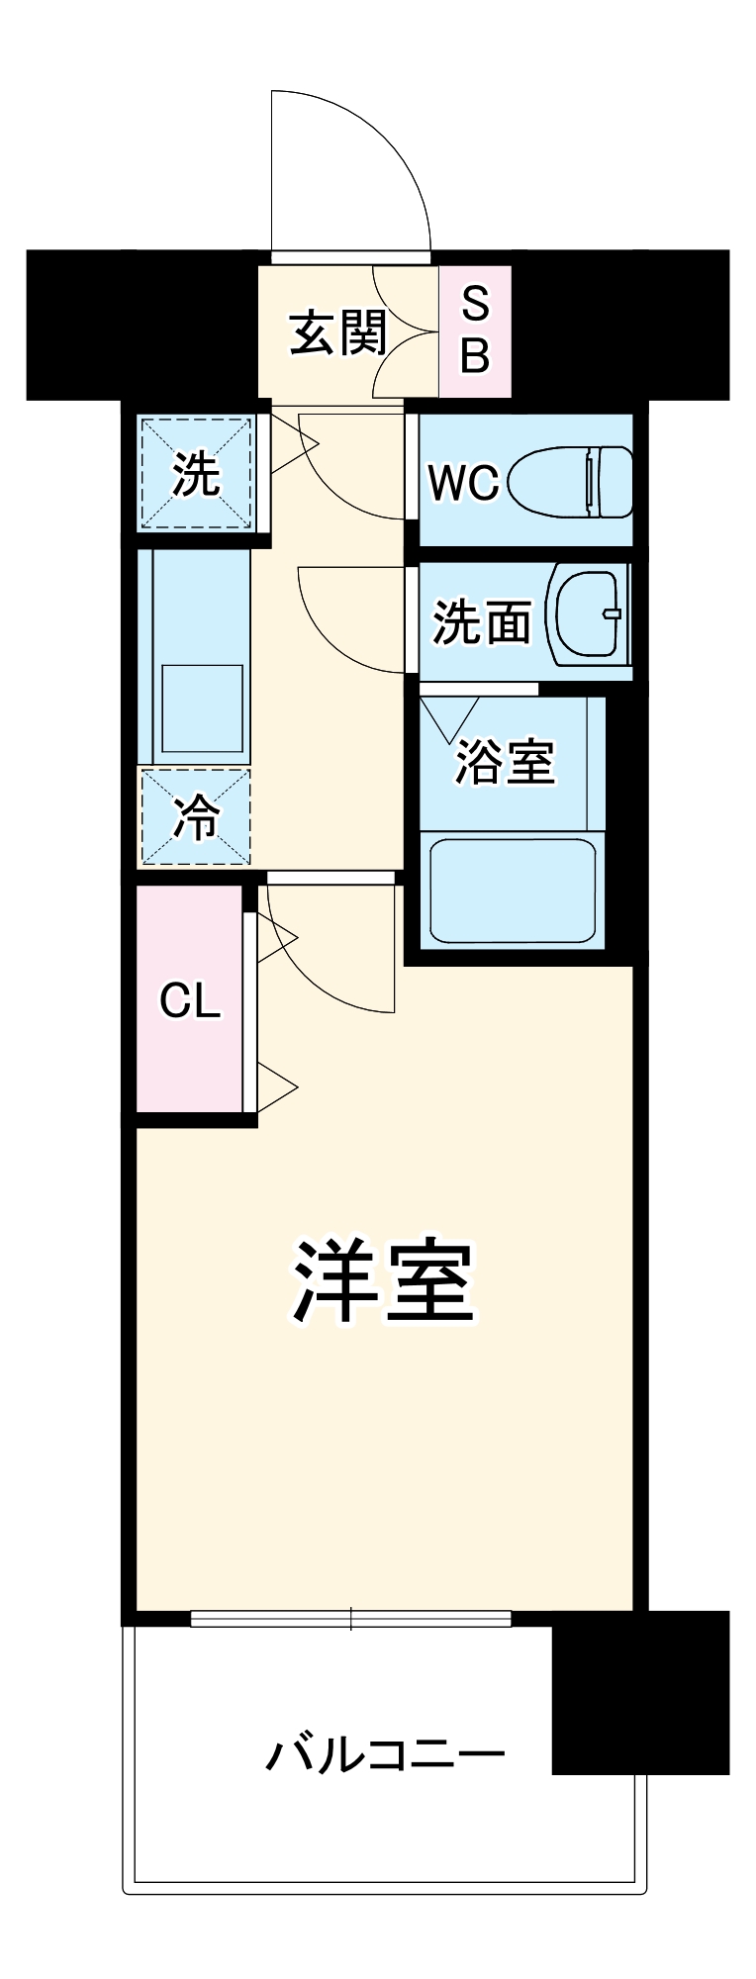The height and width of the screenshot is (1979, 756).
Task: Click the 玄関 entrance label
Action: tap(337, 332)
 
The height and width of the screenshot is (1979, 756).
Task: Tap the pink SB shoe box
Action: tap(475, 330)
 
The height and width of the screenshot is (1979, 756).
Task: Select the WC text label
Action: tap(462, 482)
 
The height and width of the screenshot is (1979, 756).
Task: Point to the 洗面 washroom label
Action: tap(482, 622)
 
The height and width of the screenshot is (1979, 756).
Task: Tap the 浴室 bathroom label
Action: tap(505, 762)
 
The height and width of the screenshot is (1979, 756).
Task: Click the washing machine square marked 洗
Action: tap(196, 474)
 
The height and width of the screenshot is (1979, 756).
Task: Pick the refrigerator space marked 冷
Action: tap(195, 817)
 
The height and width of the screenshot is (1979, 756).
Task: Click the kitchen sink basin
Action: tap(202, 708)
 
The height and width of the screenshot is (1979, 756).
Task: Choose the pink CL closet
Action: tap(190, 1000)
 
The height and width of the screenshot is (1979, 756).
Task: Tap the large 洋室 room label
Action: tap(384, 1281)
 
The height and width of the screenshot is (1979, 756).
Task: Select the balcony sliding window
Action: tap(351, 1619)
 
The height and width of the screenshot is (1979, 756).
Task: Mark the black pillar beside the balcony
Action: tap(639, 1691)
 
